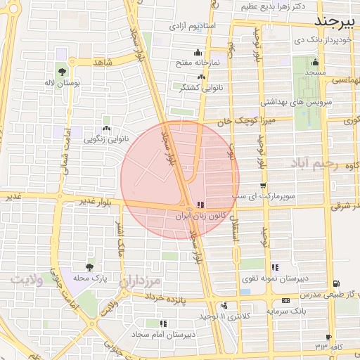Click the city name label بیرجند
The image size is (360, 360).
(x=337, y=19)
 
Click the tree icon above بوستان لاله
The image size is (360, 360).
(x=63, y=71)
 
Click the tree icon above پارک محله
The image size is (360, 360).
(x=89, y=266)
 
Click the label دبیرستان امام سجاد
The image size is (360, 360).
(x=163, y=335)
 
